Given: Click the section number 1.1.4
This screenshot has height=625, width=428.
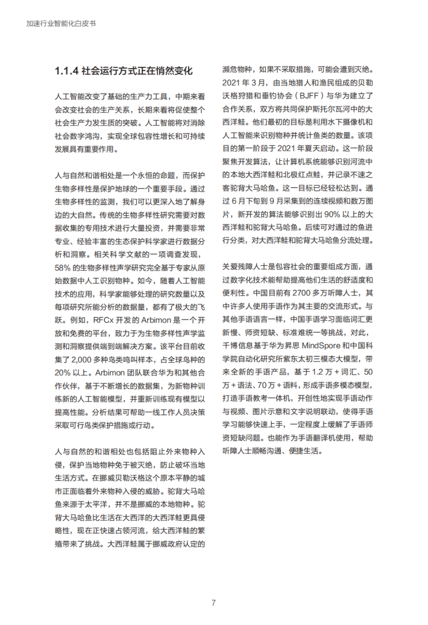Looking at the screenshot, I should pyautogui.click(x=66, y=71).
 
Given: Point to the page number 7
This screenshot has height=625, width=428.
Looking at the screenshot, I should pyautogui.click(x=213, y=602).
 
